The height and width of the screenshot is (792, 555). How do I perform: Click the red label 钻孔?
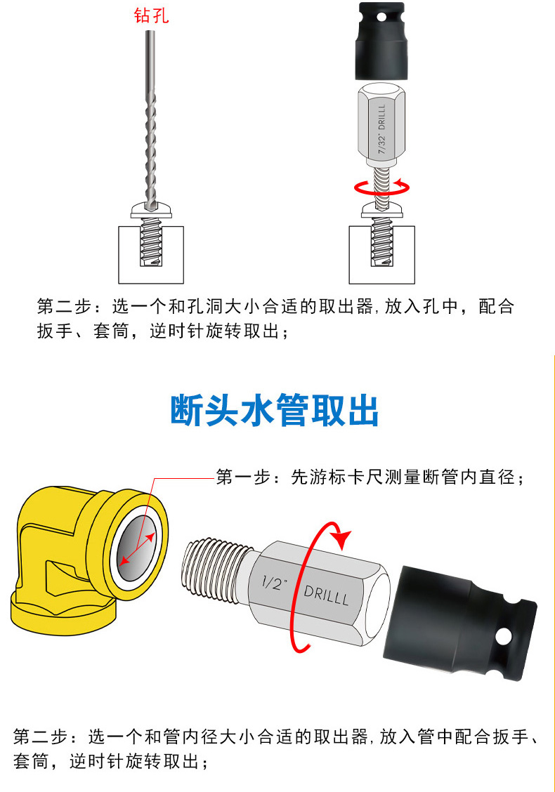coord(151,15)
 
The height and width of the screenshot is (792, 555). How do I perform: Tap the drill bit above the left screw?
coord(150,119)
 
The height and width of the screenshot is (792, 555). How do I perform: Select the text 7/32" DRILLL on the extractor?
coord(381,128)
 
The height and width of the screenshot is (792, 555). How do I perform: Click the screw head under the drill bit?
coord(151,210)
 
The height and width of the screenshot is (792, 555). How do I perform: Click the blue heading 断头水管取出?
coord(275,410)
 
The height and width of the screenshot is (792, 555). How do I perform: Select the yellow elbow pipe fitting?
coord(89,560)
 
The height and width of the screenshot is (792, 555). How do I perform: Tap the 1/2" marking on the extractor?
coord(275,583)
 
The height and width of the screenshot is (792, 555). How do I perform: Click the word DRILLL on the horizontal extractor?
coord(327,595)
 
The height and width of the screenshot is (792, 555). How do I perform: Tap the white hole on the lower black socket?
coord(504,636)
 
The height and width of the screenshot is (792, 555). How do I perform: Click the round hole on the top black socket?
coord(381,18)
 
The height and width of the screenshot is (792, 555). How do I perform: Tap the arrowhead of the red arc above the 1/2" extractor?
coord(344,539)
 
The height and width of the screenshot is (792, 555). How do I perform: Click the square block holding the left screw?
coord(151,255)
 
